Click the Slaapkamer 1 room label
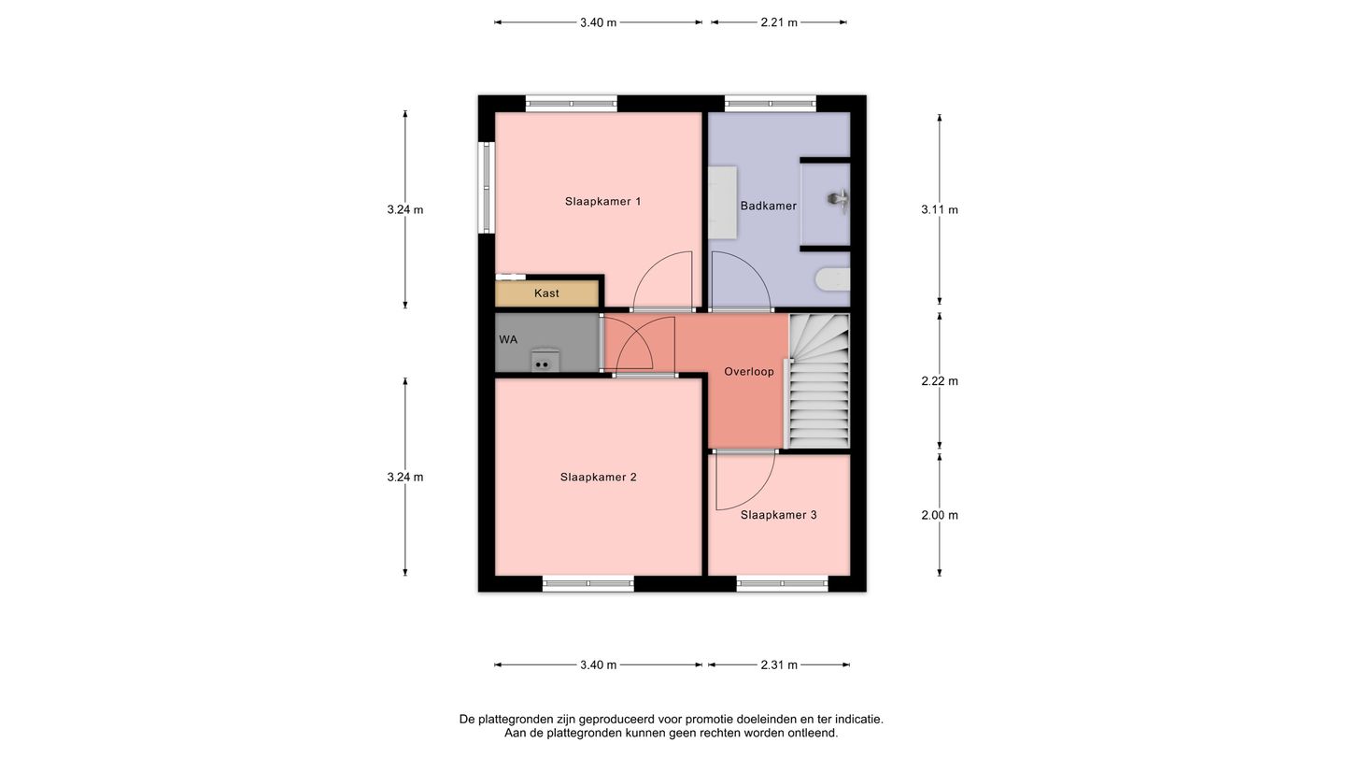[602, 201]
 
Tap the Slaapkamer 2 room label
[598, 477]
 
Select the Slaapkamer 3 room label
[778, 515]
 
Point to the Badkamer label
[768, 206]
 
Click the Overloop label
[749, 371]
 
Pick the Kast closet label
[546, 293]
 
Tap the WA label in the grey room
[508, 339]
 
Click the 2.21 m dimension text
[779, 22]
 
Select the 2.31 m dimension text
[779, 665]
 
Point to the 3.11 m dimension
[940, 209]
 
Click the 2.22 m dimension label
[940, 381]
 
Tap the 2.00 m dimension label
[940, 515]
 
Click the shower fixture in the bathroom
[839, 200]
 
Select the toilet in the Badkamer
[832, 279]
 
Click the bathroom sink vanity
[722, 203]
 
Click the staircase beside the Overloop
[818, 381]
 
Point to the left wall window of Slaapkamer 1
[486, 188]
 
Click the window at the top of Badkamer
[771, 104]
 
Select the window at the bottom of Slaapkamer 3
[783, 583]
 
